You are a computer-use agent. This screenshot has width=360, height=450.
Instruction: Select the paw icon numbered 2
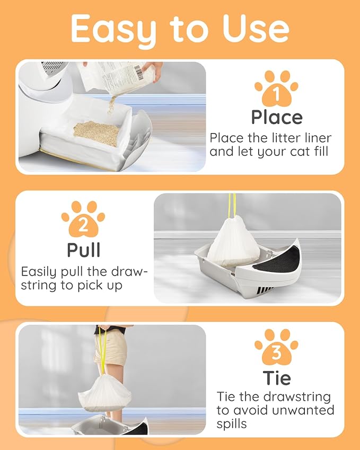(83, 219)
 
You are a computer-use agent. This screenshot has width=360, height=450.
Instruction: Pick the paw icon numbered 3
(276, 347)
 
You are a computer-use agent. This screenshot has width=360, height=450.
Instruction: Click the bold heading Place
(277, 118)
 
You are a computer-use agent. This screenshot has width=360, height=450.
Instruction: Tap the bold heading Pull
(84, 250)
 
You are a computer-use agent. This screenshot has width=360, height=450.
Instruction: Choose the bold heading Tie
(277, 378)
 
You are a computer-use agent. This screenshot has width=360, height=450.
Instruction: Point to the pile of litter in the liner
(96, 133)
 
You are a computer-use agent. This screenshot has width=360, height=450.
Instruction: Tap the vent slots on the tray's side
(265, 290)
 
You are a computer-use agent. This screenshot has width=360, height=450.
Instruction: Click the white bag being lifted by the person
(105, 393)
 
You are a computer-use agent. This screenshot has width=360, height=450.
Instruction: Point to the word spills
(231, 424)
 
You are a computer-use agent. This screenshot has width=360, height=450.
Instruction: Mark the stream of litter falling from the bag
(111, 105)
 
